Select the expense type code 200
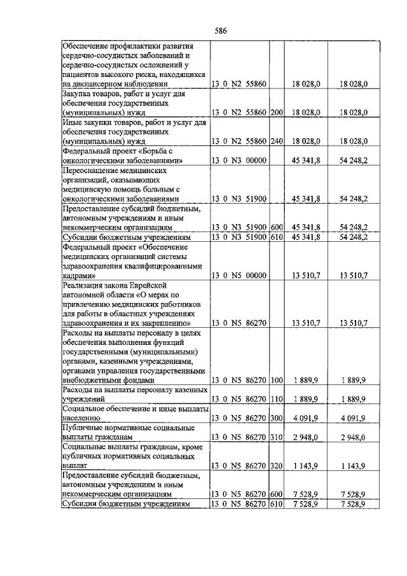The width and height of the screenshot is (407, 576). [276, 111]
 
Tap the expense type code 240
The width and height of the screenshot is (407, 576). [276, 139]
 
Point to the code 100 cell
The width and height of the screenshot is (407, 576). [276, 380]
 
